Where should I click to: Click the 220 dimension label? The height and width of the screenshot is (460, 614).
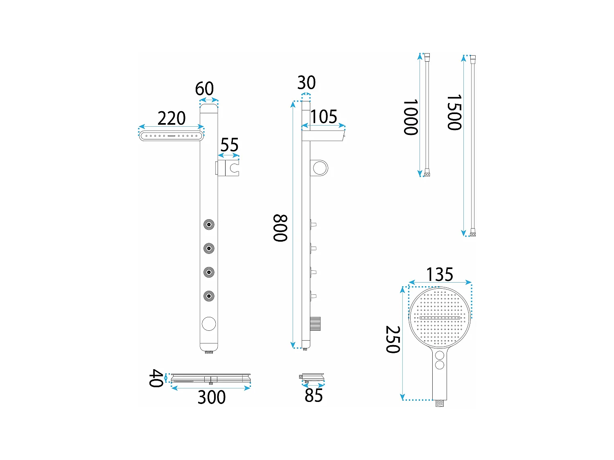(172, 119)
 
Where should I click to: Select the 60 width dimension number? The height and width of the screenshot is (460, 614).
(204, 89)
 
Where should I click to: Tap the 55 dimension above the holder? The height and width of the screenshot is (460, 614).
(229, 145)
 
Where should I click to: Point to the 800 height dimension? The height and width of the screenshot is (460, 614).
(280, 228)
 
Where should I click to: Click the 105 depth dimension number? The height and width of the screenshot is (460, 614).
(323, 117)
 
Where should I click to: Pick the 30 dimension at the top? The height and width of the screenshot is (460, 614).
(306, 83)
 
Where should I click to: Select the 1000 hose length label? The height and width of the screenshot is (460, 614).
(411, 117)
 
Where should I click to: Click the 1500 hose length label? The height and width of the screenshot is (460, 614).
(454, 112)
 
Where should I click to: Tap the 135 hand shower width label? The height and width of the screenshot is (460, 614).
(440, 274)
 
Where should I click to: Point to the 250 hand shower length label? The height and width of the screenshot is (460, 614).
(393, 339)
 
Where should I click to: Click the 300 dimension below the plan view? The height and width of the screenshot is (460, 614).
(211, 397)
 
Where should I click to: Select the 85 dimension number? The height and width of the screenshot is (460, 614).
(314, 396)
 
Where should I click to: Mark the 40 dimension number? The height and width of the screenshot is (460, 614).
(156, 378)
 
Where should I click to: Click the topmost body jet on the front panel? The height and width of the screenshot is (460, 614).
(209, 224)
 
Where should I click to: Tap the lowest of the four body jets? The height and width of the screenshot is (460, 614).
(209, 296)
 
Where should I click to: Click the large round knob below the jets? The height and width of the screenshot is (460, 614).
(209, 323)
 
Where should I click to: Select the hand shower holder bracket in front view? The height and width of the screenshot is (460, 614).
(228, 168)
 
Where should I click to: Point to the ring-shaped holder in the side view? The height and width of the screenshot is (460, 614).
(320, 168)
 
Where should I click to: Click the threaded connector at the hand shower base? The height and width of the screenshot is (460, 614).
(440, 403)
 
